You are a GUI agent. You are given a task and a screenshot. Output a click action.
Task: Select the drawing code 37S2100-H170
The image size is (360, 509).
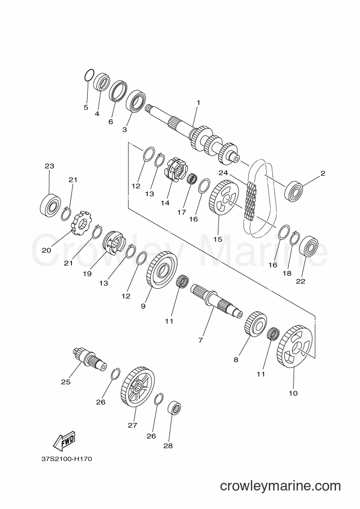pyautogui.click(x=67, y=459)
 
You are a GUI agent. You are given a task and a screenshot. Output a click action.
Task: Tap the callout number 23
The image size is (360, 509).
pyautogui.click(x=50, y=166)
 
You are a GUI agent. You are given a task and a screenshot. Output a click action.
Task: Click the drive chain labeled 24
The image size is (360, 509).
pyautogui.click(x=251, y=203)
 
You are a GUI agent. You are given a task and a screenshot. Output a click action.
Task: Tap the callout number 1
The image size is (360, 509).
pyautogui.click(x=198, y=103)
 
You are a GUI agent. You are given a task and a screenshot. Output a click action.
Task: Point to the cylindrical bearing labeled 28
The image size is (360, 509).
pyautogui.click(x=174, y=408)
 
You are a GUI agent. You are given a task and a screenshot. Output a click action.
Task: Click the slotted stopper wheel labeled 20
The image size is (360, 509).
pyautogui.click(x=81, y=223)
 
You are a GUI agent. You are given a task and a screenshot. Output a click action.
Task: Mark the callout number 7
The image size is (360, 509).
pyautogui.click(x=200, y=340)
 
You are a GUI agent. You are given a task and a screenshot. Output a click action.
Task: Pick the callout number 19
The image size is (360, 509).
pyautogui.click(x=87, y=274)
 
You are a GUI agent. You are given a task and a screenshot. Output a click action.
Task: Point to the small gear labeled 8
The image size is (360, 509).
pyautogui.click(x=255, y=324)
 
